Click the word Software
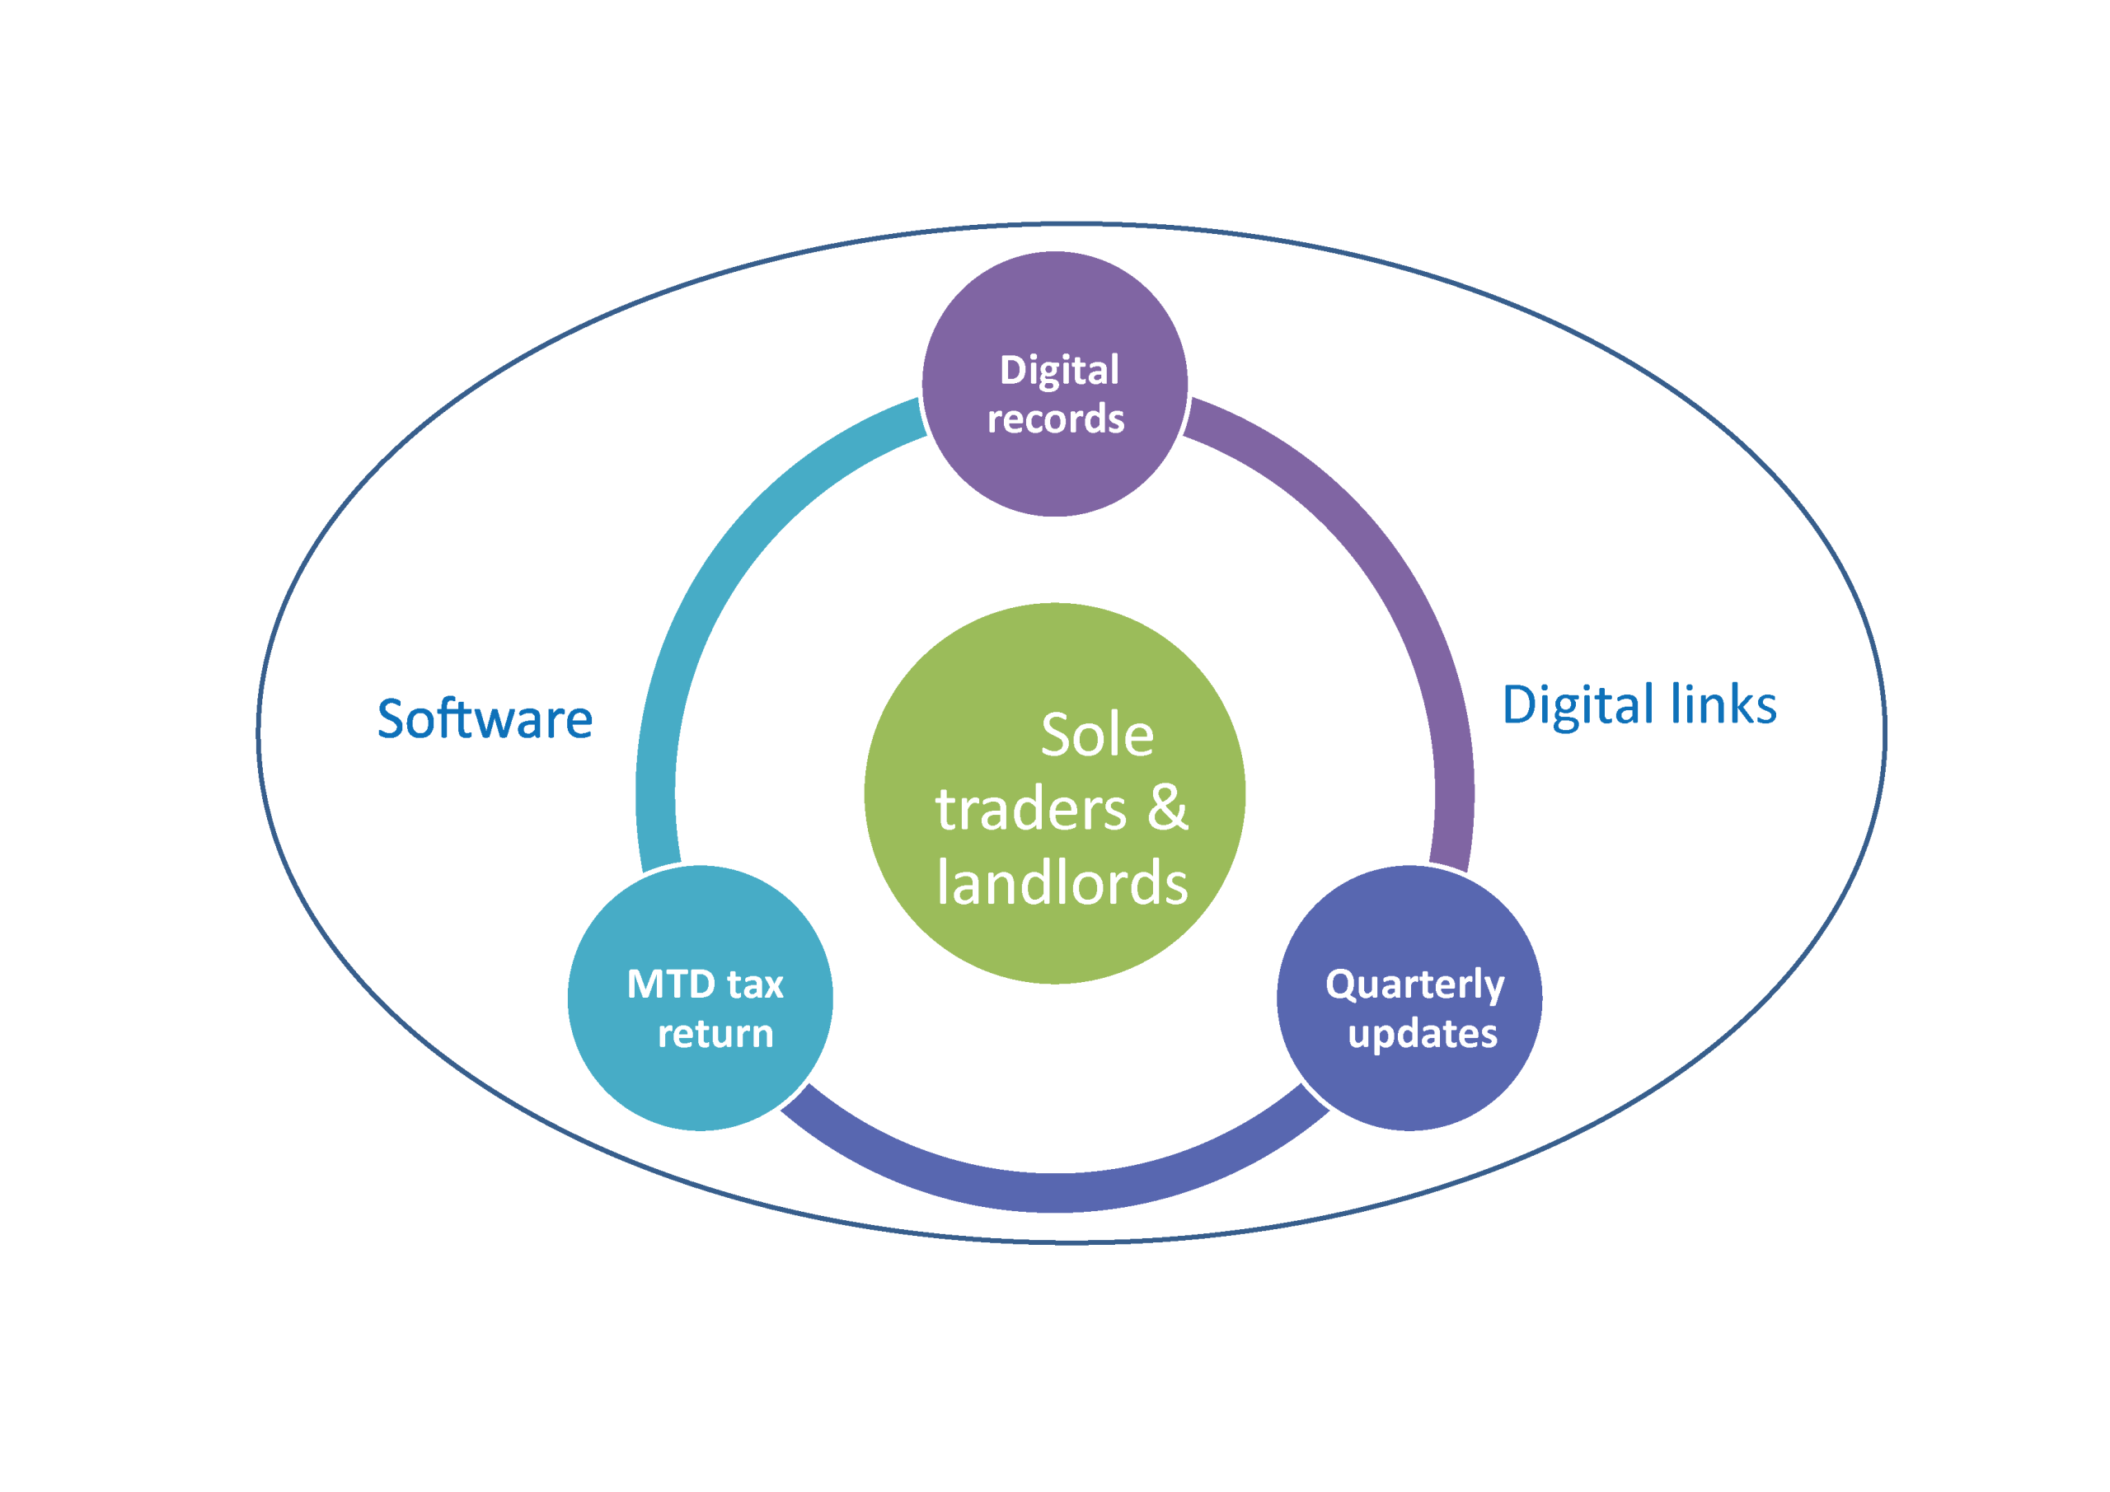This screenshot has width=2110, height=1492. click(x=485, y=718)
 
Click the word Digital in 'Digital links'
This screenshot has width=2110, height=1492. click(x=1578, y=705)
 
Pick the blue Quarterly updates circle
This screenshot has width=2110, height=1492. click(x=1409, y=1084)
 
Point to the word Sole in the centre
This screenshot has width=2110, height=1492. click(x=1096, y=735)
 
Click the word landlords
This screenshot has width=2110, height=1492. click(x=1062, y=883)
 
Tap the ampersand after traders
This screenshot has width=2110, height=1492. click(x=1167, y=808)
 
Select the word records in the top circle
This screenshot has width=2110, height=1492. click(x=1055, y=419)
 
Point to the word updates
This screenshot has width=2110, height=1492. click(x=1422, y=1035)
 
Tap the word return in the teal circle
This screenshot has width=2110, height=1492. click(x=715, y=1035)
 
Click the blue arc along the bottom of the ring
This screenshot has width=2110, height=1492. click(x=1055, y=1191)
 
